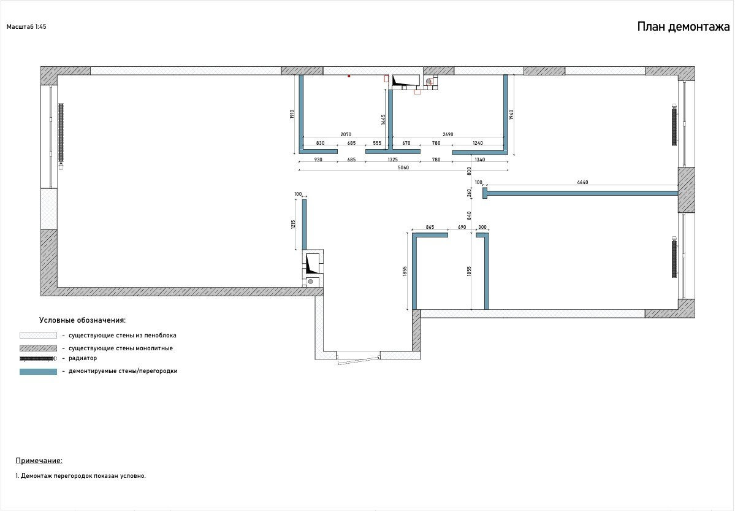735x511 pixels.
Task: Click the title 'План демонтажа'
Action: click(x=684, y=27)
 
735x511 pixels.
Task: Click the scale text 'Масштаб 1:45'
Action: click(x=26, y=27)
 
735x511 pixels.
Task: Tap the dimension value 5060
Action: click(x=403, y=167)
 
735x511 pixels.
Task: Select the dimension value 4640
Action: click(x=582, y=182)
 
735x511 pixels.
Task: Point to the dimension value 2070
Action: click(x=346, y=134)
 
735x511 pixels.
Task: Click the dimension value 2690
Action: click(x=447, y=134)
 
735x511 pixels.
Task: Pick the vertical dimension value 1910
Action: click(x=292, y=114)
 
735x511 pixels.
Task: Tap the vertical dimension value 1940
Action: click(x=511, y=115)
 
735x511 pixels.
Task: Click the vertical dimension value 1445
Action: click(x=383, y=120)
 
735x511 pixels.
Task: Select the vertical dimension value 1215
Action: click(x=294, y=225)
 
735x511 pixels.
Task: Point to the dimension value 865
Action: click(x=430, y=227)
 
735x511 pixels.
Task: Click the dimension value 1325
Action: click(x=393, y=159)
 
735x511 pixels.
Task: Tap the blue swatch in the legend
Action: click(x=38, y=372)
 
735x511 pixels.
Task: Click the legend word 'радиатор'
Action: click(x=83, y=358)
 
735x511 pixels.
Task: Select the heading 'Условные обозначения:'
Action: click(x=83, y=320)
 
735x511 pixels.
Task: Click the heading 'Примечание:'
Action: click(x=39, y=461)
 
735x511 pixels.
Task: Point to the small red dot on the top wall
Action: click(x=349, y=76)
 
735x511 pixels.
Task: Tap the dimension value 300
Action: click(x=482, y=227)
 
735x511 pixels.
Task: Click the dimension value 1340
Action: click(x=480, y=159)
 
